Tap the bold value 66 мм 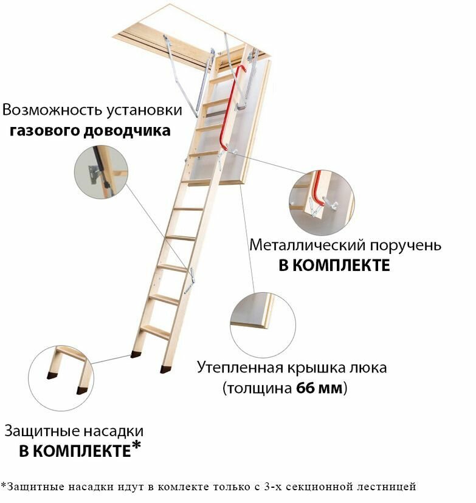(x=319, y=388)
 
